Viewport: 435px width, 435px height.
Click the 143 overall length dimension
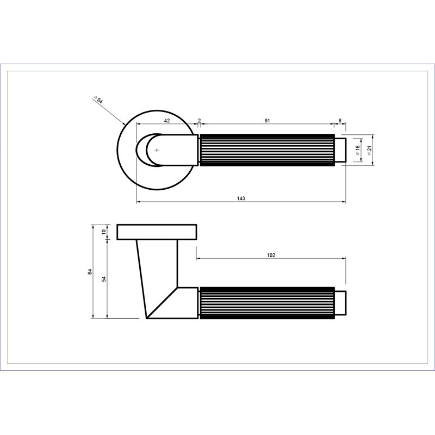pos(241,198)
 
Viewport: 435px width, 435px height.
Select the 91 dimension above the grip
pos(267,121)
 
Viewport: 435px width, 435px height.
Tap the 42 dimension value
pos(167,121)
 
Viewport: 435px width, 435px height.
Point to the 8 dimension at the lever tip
pos(340,121)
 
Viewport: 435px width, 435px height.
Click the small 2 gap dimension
pos(199,121)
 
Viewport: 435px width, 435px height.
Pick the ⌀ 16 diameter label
pos(358,150)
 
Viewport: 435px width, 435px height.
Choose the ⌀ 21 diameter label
pos(369,150)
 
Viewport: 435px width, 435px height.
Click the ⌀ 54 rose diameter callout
pos(98,100)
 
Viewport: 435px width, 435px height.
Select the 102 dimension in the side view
pos(271,255)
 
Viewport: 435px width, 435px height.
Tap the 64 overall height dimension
pos(90,271)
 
